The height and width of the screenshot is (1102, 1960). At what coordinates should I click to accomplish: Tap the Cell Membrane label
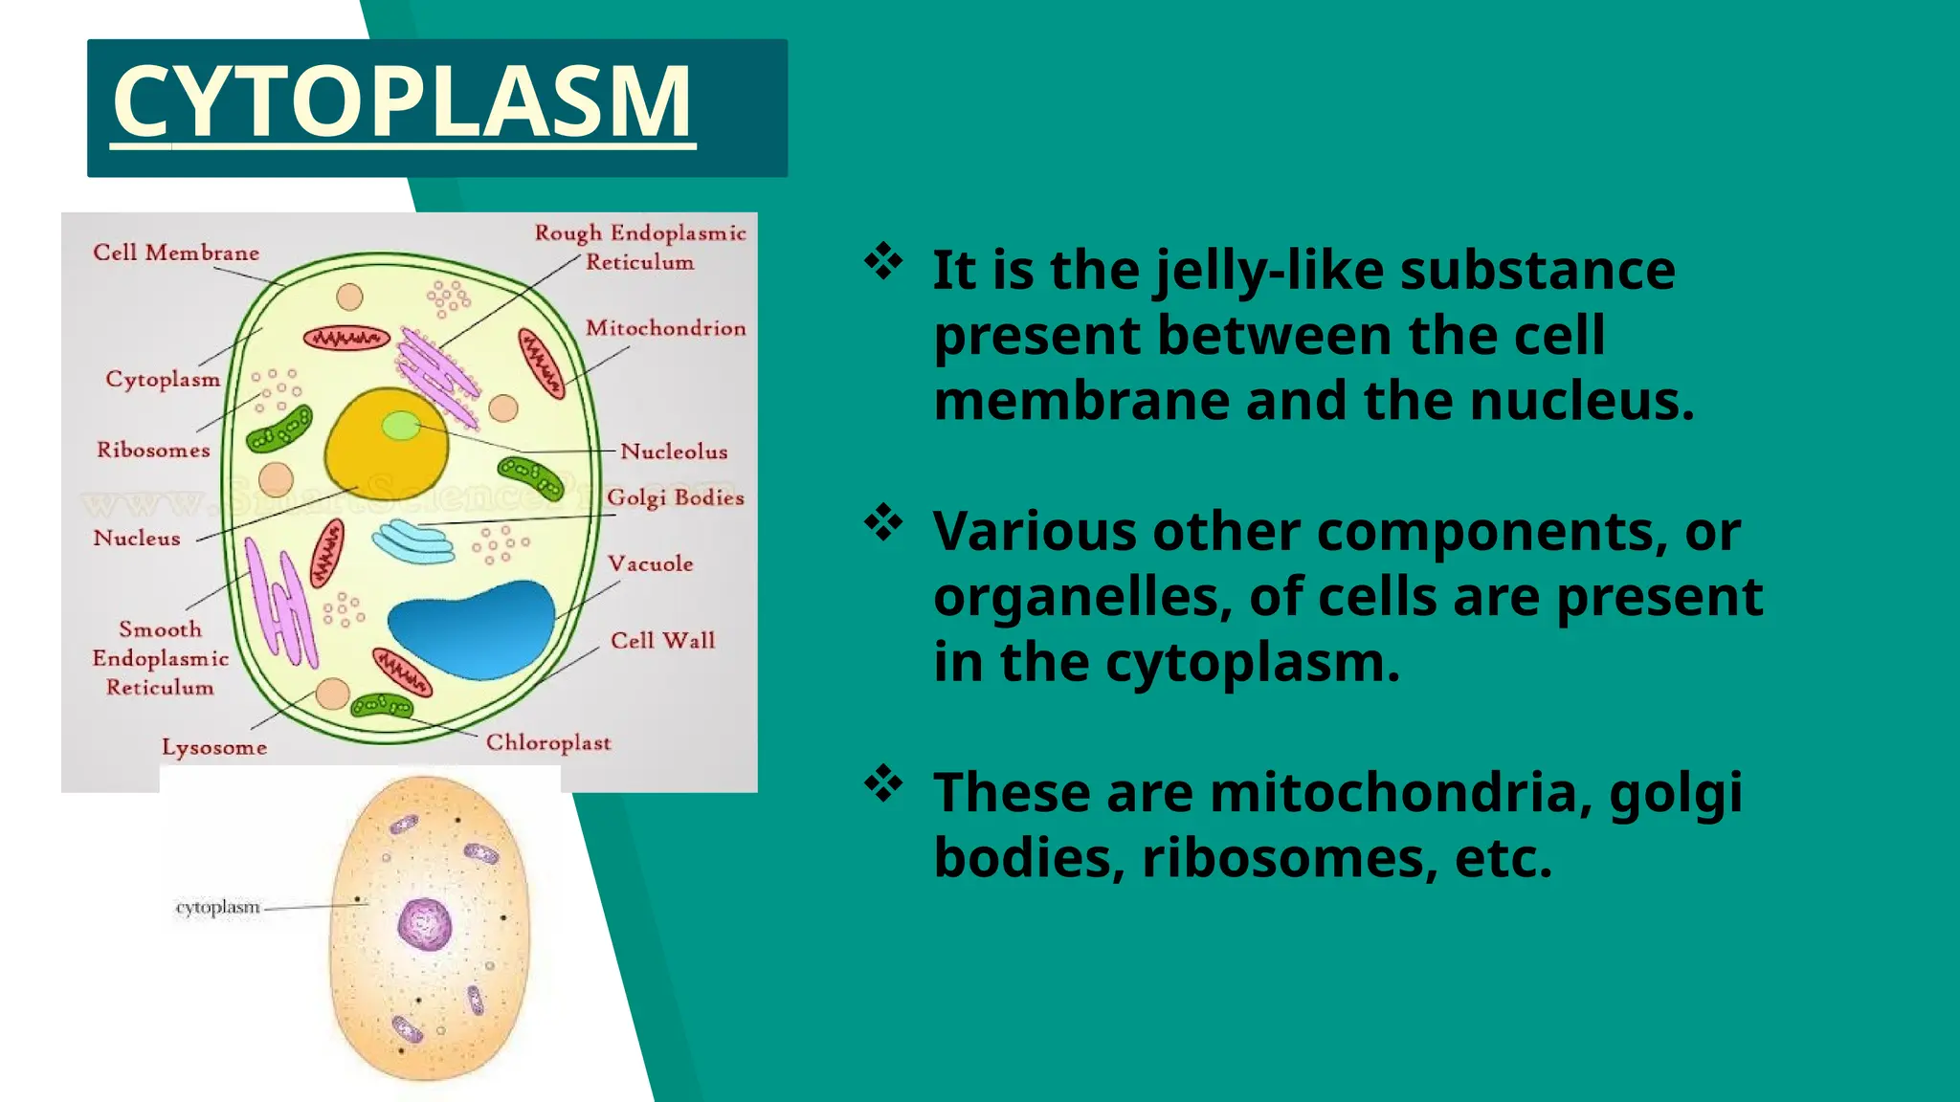[x=176, y=253]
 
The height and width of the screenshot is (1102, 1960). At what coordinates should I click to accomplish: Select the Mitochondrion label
[x=665, y=328]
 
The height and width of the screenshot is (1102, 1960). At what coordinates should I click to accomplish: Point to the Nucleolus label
[x=674, y=452]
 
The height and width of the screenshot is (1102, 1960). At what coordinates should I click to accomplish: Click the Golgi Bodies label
[x=675, y=497]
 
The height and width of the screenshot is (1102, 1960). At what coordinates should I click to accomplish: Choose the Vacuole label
[x=650, y=563]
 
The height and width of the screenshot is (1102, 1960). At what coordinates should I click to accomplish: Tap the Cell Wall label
[x=662, y=640]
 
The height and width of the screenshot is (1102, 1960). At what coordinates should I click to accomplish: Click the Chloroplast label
[x=547, y=742]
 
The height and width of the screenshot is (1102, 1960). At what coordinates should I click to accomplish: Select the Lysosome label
[x=213, y=747]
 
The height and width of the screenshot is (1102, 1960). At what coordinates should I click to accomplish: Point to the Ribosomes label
[x=153, y=450]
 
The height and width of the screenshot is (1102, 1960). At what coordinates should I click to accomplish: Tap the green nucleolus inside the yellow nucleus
[x=401, y=425]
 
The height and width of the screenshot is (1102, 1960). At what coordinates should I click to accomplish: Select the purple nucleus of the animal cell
[x=424, y=924]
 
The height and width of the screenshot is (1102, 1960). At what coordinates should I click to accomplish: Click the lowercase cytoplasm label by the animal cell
[x=217, y=907]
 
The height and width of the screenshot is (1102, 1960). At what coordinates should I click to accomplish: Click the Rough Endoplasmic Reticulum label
[x=639, y=247]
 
